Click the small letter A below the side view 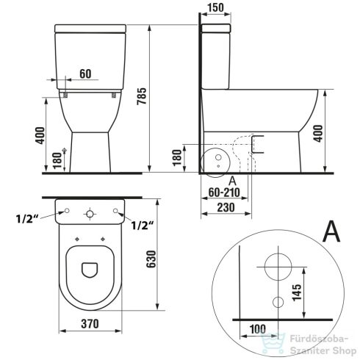233,180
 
